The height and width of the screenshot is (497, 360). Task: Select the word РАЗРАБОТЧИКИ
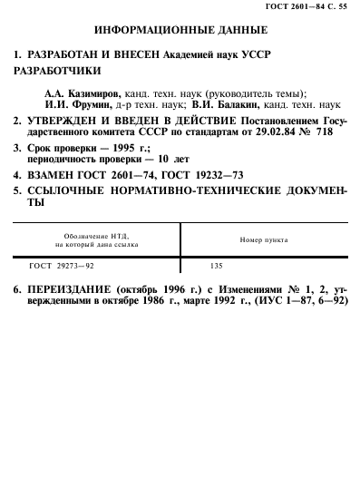[x=61, y=71]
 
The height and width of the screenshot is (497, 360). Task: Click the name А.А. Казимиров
[x=78, y=93]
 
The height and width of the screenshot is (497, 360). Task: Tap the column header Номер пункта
[x=264, y=239]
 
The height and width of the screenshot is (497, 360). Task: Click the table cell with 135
[x=216, y=268]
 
